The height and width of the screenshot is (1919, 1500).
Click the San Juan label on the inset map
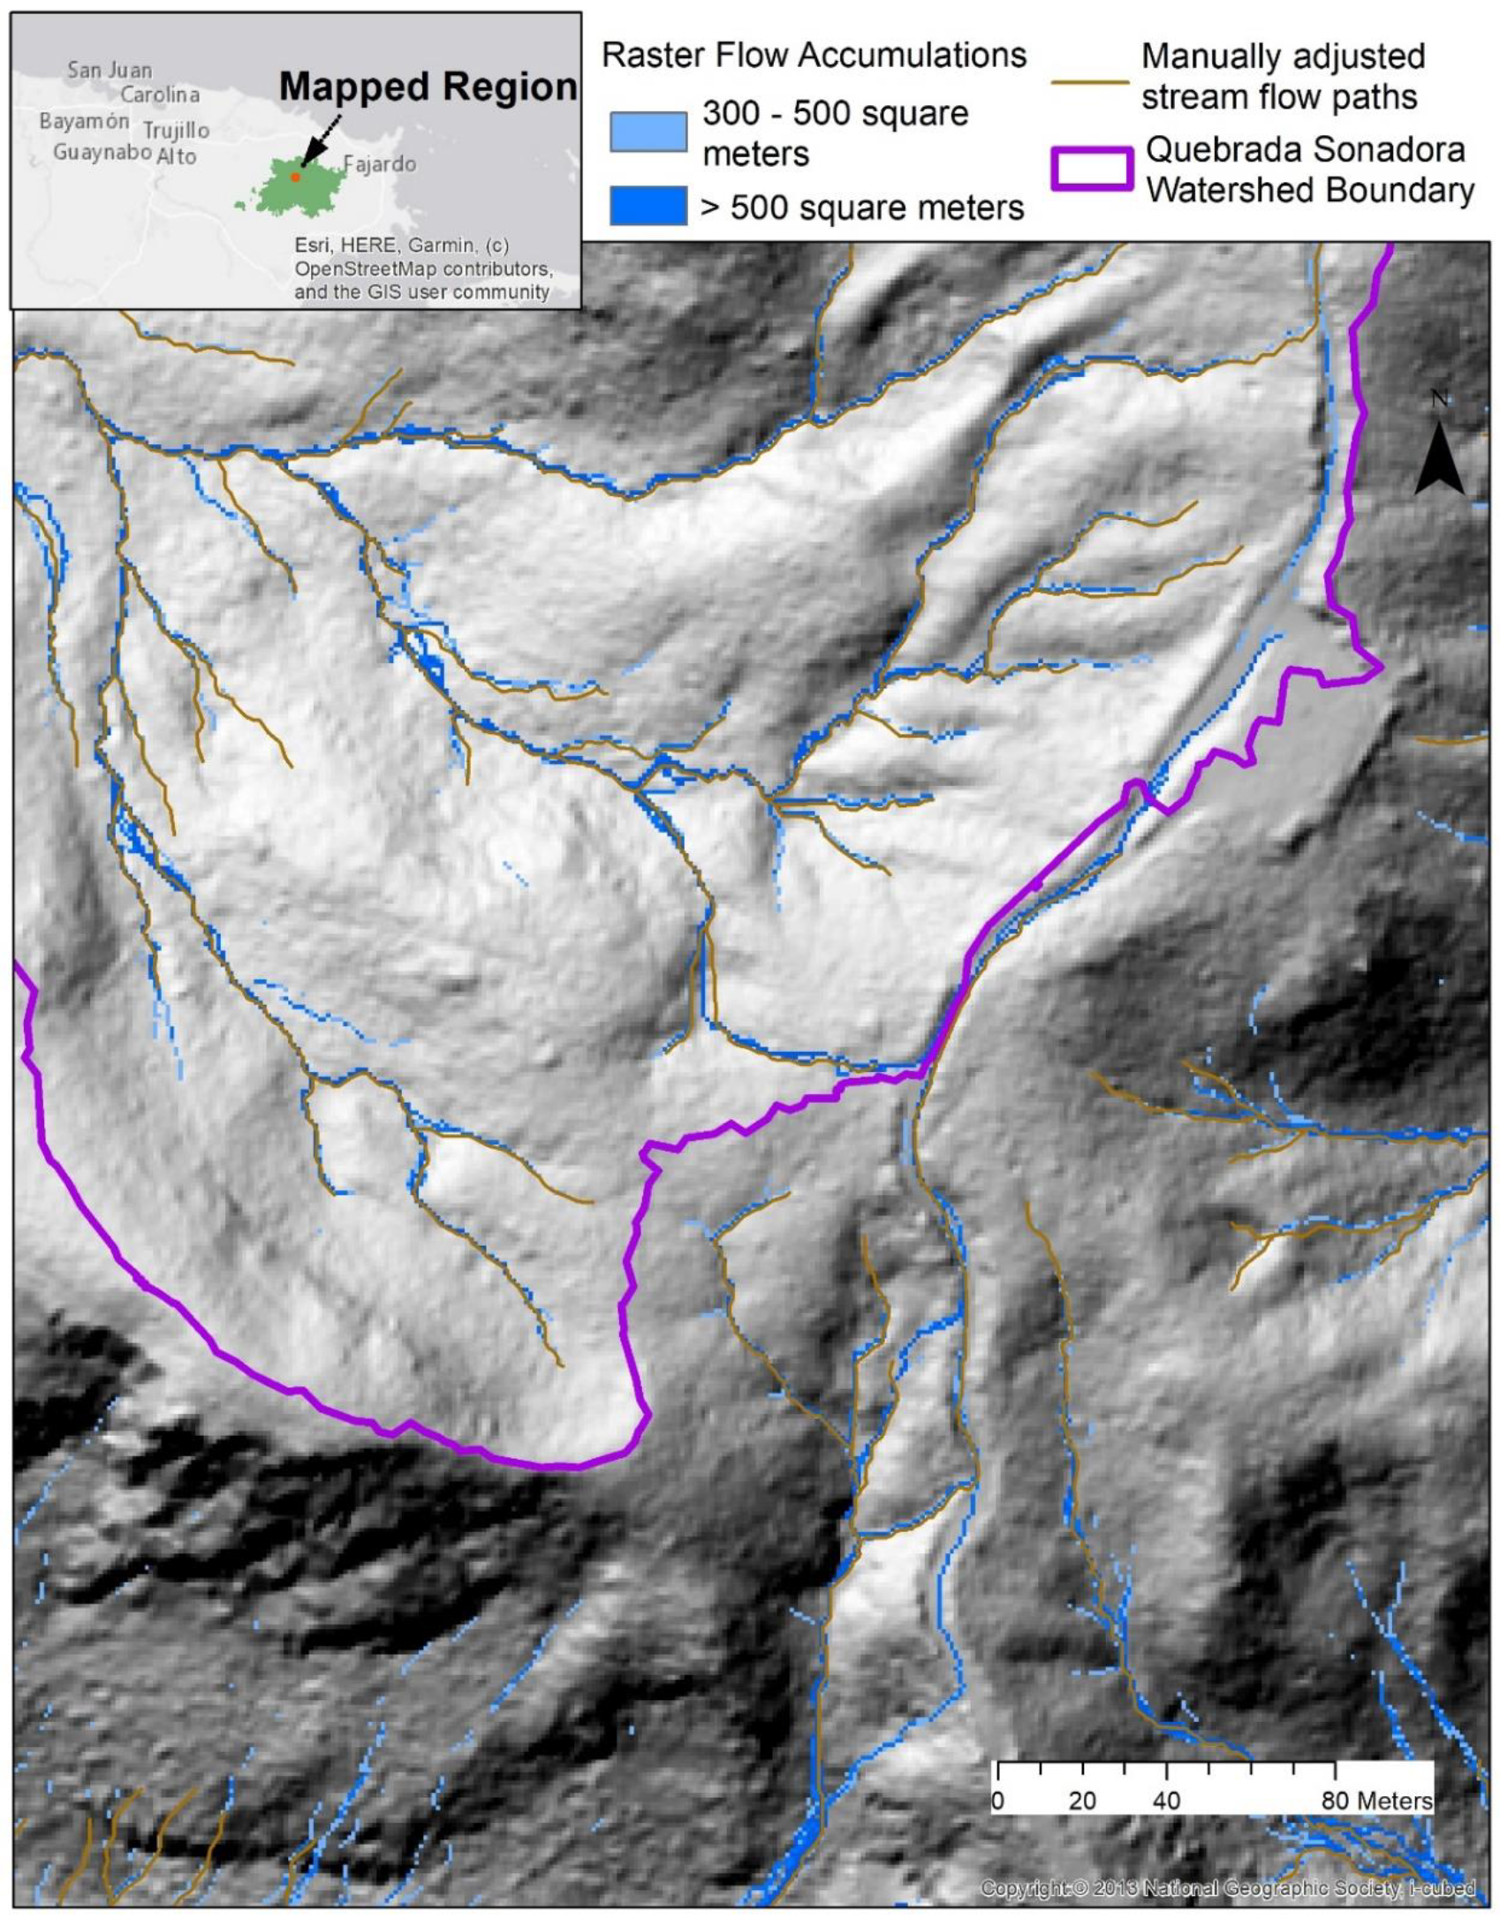tap(110, 70)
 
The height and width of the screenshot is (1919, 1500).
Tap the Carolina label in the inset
tap(160, 94)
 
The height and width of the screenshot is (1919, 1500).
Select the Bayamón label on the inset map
tap(84, 121)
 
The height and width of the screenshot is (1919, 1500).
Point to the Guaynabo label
tap(102, 152)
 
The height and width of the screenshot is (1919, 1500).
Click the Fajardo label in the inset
tap(379, 164)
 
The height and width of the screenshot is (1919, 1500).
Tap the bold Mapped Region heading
tap(428, 87)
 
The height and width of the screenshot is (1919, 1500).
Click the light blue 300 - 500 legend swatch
tap(648, 132)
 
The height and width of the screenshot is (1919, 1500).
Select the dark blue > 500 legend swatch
tap(648, 207)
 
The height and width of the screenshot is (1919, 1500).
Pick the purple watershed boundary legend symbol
tap(1092, 169)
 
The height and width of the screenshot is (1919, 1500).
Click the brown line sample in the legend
tap(1090, 83)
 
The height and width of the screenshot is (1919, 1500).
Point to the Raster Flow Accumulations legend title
tap(814, 55)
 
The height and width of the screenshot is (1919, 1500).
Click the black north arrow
tap(1439, 458)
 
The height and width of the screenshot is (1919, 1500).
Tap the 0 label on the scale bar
tap(997, 1801)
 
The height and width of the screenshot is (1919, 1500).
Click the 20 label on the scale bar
tap(1081, 1801)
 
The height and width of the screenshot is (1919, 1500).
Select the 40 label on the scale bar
tap(1166, 1801)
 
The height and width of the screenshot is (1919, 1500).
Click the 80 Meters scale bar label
tap(1376, 1801)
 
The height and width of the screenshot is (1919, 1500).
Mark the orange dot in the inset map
tap(296, 177)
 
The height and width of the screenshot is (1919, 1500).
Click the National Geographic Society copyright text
tap(1227, 1887)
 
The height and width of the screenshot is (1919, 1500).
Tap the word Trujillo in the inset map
tap(177, 131)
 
